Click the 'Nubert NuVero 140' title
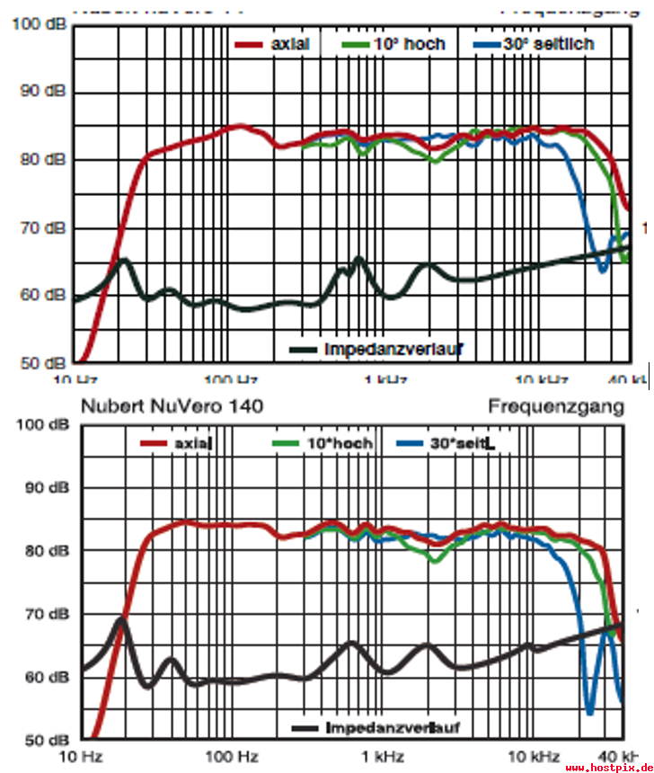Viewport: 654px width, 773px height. coord(172,406)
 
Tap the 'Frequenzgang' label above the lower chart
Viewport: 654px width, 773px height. coord(556,406)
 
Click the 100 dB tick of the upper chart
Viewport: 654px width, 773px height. coord(37,24)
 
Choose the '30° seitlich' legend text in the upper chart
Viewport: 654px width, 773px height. coord(548,44)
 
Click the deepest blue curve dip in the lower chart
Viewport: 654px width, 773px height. coord(590,713)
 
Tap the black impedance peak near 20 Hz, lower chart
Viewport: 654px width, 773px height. coord(121,619)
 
